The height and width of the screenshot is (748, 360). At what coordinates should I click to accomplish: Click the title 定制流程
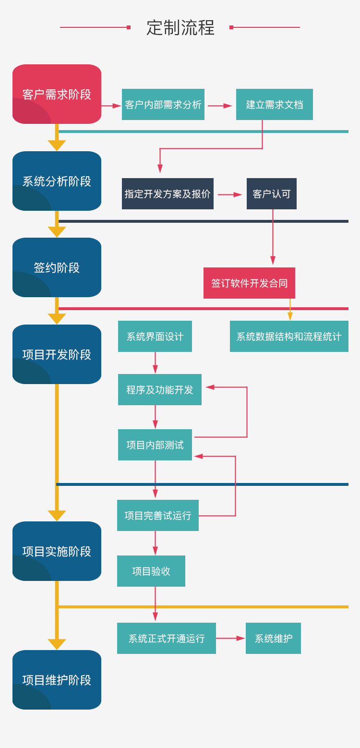(x=180, y=27)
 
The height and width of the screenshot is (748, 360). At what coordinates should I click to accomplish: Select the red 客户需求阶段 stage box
(x=57, y=94)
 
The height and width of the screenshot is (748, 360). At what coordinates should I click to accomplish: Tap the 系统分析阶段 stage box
(x=57, y=181)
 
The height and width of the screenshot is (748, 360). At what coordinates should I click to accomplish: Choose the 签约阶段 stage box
(x=57, y=267)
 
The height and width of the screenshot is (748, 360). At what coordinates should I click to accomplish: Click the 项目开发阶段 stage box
(x=57, y=354)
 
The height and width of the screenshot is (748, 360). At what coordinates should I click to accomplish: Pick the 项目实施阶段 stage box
(x=57, y=551)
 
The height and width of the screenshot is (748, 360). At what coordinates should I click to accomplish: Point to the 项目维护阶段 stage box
(x=57, y=680)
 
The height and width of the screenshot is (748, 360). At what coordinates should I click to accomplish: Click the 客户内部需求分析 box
(x=163, y=104)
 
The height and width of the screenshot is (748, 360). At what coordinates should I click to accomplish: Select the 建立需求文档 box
(x=275, y=104)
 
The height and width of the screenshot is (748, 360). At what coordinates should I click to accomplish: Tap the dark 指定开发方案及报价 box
(x=168, y=193)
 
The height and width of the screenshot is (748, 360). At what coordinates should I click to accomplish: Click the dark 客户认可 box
(x=272, y=193)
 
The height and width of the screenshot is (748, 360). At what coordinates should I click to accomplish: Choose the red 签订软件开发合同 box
(x=249, y=283)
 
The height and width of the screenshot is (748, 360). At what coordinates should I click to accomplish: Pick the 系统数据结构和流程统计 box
(x=289, y=336)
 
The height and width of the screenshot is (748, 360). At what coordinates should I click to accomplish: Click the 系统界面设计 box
(x=155, y=336)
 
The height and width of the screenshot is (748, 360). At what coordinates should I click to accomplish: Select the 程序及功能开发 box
(x=160, y=389)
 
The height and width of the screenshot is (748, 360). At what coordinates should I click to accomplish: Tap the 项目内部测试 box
(x=155, y=445)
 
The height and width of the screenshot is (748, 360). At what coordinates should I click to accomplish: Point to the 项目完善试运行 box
(x=158, y=515)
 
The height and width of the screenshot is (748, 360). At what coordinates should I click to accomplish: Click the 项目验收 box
(x=151, y=571)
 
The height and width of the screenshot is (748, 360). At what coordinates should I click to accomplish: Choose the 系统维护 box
(x=273, y=638)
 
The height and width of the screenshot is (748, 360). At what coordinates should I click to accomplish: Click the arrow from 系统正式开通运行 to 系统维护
(x=230, y=638)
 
